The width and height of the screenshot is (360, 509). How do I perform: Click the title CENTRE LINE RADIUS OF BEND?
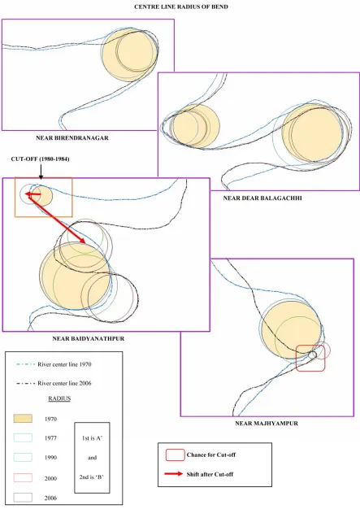181,7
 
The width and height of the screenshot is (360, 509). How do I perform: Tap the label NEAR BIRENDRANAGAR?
72,138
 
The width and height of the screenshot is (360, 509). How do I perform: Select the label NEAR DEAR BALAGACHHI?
262,198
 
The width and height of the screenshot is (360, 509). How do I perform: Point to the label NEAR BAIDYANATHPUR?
89,338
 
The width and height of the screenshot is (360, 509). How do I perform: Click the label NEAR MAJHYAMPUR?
267,424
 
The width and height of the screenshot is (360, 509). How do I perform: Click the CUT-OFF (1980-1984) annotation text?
40,159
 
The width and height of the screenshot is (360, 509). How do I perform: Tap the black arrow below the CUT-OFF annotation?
41,172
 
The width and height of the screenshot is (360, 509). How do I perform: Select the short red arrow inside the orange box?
33,194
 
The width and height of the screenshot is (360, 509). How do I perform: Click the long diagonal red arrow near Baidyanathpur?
56,219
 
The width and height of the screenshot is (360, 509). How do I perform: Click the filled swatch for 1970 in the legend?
23,419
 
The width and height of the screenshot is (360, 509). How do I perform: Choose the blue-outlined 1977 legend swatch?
23,437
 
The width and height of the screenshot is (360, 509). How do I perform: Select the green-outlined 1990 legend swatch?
23,458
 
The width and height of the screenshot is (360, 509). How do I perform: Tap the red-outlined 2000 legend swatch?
23,477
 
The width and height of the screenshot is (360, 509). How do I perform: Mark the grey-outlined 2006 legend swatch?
23,498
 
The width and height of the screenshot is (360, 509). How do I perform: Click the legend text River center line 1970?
64,364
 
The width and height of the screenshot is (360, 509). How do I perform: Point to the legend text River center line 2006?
64,383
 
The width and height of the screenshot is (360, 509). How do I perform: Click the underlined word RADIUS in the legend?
59,398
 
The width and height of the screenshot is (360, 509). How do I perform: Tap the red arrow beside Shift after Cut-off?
174,474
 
